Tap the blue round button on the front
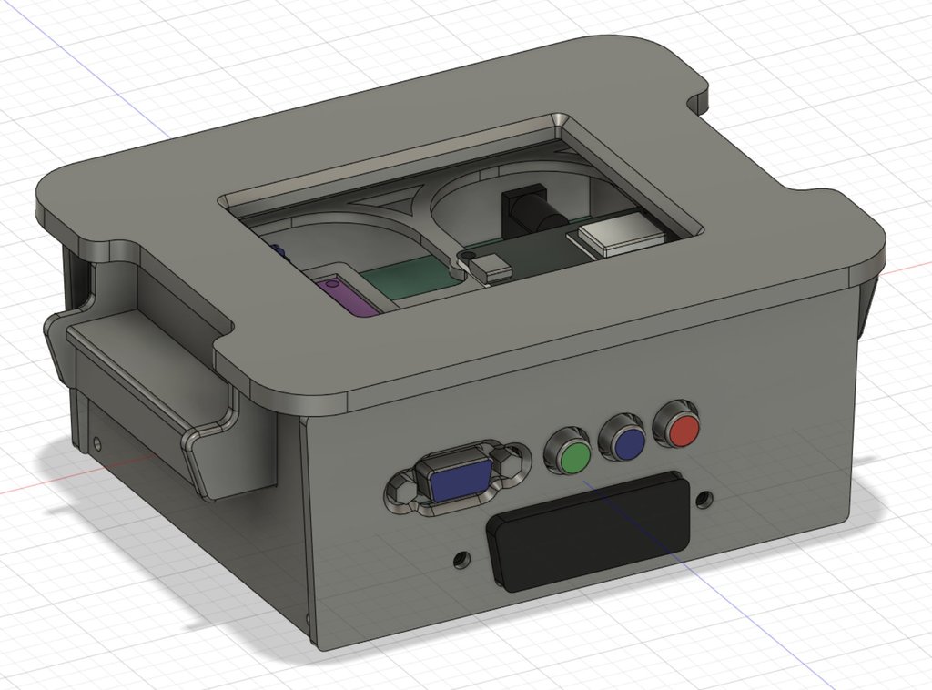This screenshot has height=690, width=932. tap(627, 441)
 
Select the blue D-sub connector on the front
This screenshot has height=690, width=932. tap(458, 479)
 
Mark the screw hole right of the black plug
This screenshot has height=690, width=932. tap(704, 500)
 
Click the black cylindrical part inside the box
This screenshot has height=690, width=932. tap(528, 212)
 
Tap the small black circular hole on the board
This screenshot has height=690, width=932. tap(469, 256)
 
